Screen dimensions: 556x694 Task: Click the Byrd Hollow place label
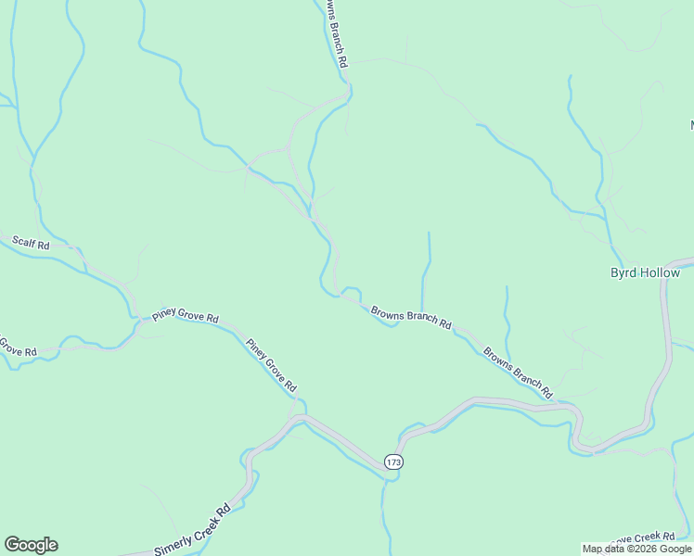pyautogui.click(x=645, y=272)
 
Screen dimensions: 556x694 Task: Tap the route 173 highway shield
pyautogui.click(x=394, y=461)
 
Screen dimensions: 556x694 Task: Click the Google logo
pyautogui.click(x=31, y=544)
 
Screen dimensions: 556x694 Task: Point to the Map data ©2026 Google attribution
pyautogui.click(x=636, y=549)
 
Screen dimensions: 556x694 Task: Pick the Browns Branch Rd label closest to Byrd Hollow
pyautogui.click(x=518, y=373)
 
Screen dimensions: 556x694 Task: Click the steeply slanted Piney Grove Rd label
pyautogui.click(x=271, y=365)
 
